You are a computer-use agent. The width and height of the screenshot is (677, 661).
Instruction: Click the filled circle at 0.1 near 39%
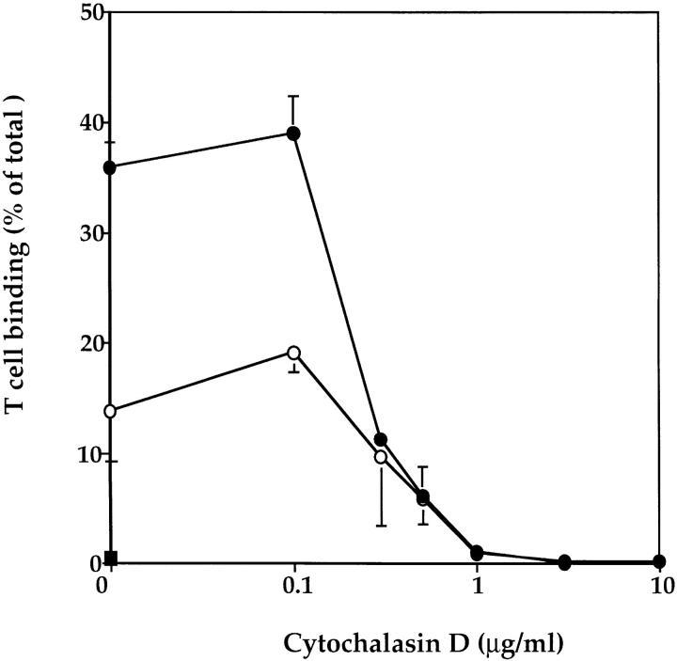click(x=293, y=134)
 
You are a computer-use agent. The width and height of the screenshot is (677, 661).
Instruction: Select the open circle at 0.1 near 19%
click(x=293, y=353)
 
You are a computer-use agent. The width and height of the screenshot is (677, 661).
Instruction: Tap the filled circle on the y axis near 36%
click(x=110, y=167)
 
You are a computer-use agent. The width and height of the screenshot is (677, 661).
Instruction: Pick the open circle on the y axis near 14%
click(x=110, y=411)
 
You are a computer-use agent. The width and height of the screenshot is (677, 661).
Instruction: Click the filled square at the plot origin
click(x=111, y=559)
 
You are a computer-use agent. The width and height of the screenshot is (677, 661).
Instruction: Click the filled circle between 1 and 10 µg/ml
click(x=564, y=562)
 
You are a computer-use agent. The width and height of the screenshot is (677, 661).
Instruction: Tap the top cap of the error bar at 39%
click(x=293, y=96)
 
